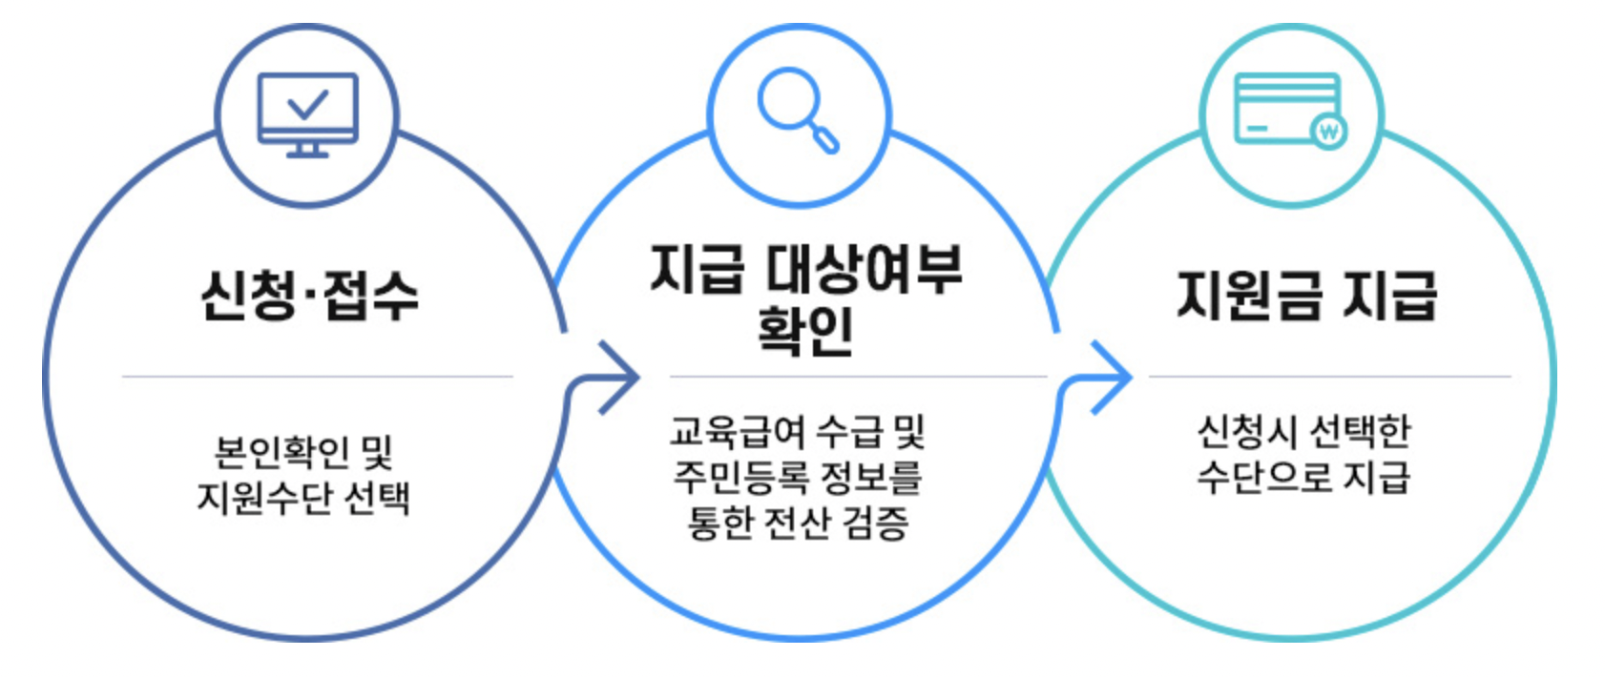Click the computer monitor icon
pyautogui.click(x=307, y=113)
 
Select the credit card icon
pyautogui.click(x=1289, y=109)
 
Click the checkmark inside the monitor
pyautogui.click(x=307, y=103)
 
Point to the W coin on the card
pyautogui.click(x=1328, y=131)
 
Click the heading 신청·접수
pyautogui.click(x=308, y=295)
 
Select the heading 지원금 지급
pyautogui.click(x=1305, y=295)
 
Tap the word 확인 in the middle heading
pyautogui.click(x=804, y=330)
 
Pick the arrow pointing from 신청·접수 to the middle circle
pyautogui.click(x=615, y=377)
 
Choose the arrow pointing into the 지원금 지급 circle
pyautogui.click(x=1109, y=377)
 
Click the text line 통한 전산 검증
pyautogui.click(x=798, y=522)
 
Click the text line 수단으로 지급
pyautogui.click(x=1303, y=476)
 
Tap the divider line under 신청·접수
pyautogui.click(x=317, y=377)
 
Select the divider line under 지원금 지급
pyautogui.click(x=1329, y=377)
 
